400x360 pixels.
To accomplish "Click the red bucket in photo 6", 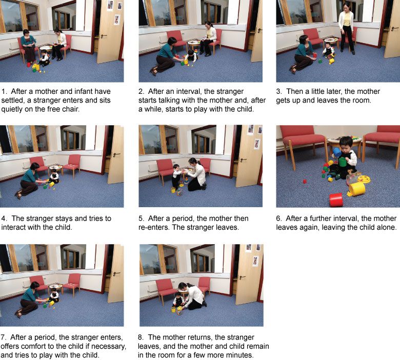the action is pos(336,200).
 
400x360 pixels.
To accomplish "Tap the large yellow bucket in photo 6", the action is pos(357,189).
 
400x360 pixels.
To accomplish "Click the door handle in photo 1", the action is pos(104,36).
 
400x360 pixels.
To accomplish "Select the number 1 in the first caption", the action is pos(3,92).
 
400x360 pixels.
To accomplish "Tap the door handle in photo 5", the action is pos(243,160).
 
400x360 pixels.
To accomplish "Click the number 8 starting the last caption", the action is pos(140,337).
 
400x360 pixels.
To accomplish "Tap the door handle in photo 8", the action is pos(242,277).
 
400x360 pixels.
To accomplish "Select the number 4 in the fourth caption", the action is pos(3,218).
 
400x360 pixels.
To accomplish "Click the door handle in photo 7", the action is pos(116,273).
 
